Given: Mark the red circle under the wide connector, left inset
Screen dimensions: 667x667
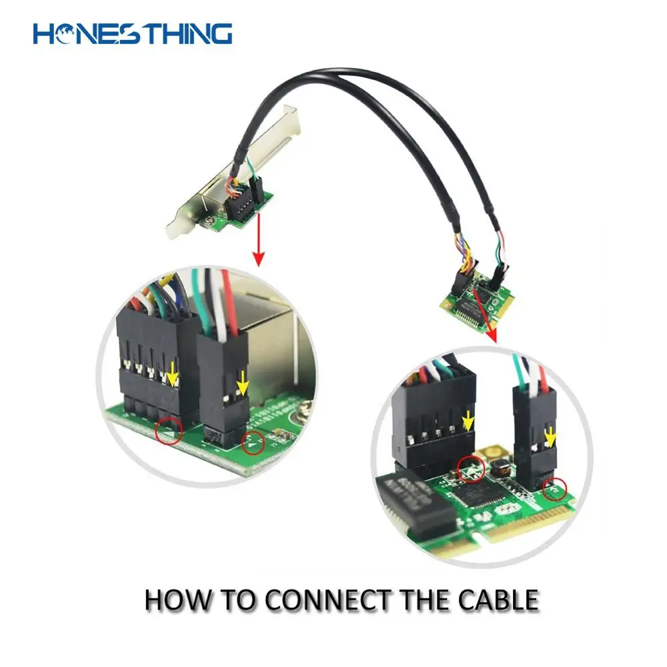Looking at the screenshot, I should pyautogui.click(x=168, y=433).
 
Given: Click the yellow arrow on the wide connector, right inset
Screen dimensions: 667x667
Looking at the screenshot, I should pyautogui.click(x=469, y=420).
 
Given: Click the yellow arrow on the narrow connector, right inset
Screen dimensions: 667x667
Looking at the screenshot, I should pyautogui.click(x=550, y=437).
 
